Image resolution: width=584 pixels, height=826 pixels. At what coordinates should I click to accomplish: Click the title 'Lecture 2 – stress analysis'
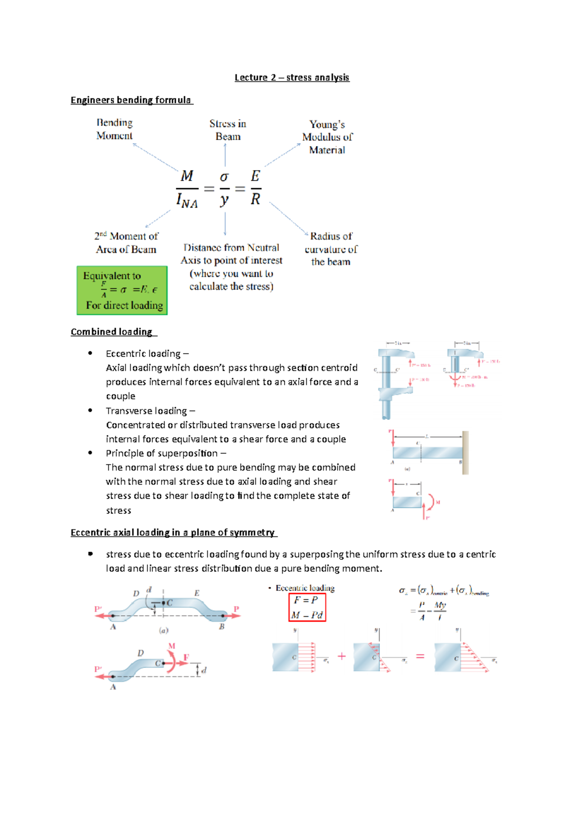pyautogui.click(x=292, y=77)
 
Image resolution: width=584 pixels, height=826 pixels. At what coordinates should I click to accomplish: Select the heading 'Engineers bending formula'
pyautogui.click(x=131, y=100)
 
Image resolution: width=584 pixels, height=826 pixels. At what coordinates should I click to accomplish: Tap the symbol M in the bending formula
pyautogui.click(x=187, y=176)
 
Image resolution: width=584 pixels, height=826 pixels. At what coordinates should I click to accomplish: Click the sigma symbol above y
pyautogui.click(x=224, y=177)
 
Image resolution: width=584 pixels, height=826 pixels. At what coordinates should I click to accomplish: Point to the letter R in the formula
pyautogui.click(x=255, y=199)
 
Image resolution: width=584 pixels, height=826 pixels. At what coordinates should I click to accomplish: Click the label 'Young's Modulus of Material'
pyautogui.click(x=327, y=137)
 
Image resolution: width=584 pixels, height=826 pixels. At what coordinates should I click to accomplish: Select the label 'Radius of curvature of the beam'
pyautogui.click(x=331, y=249)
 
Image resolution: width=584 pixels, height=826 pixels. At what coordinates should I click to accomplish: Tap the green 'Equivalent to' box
pyautogui.click(x=122, y=290)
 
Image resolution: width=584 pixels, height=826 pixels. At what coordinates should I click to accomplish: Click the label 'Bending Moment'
pyautogui.click(x=114, y=129)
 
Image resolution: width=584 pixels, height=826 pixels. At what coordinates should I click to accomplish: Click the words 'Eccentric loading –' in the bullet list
pyautogui.click(x=147, y=354)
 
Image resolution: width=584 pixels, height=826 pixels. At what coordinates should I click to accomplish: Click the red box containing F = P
pyautogui.click(x=307, y=607)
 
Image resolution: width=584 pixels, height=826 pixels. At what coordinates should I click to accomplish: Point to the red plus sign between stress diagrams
pyautogui.click(x=342, y=656)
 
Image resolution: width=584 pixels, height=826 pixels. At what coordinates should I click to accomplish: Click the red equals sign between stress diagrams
pyautogui.click(x=420, y=656)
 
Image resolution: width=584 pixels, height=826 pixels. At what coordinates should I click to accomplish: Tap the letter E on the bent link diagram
pyautogui.click(x=197, y=593)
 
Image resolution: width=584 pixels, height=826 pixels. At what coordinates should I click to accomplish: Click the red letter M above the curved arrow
pyautogui.click(x=172, y=646)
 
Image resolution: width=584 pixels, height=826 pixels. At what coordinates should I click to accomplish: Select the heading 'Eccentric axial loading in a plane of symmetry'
pyautogui.click(x=173, y=533)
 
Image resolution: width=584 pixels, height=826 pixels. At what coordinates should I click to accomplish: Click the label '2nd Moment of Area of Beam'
pyautogui.click(x=126, y=243)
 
